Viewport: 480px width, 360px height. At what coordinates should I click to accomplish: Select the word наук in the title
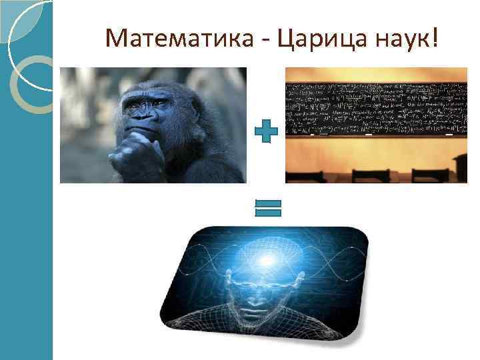[x=400, y=39]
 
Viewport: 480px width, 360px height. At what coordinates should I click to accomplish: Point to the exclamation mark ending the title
[x=435, y=38]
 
